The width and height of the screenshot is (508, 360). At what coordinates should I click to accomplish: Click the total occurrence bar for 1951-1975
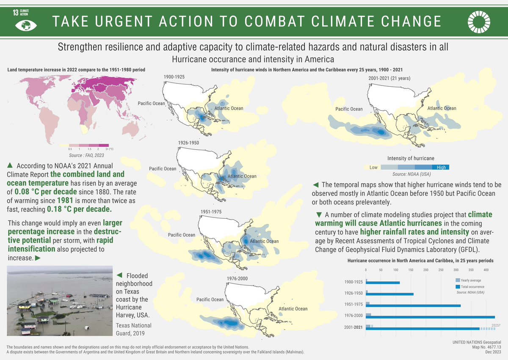point(415,305)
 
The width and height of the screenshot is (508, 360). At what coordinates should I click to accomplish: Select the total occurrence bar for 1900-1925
point(384,283)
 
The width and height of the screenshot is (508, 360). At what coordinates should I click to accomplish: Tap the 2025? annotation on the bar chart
point(496,325)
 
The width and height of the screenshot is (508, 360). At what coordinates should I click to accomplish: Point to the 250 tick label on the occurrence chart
point(441,270)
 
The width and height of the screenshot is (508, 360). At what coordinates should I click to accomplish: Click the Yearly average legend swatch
point(457,280)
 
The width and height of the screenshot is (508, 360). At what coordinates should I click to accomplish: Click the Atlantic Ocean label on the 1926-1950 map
point(242,176)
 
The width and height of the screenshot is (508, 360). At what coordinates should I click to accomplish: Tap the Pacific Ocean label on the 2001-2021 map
point(349,109)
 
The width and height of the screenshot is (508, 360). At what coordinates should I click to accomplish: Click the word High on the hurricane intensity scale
point(441,168)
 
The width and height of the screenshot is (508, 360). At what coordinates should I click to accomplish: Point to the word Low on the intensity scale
point(373,168)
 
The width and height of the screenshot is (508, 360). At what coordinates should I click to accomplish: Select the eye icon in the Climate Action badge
point(24,25)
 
